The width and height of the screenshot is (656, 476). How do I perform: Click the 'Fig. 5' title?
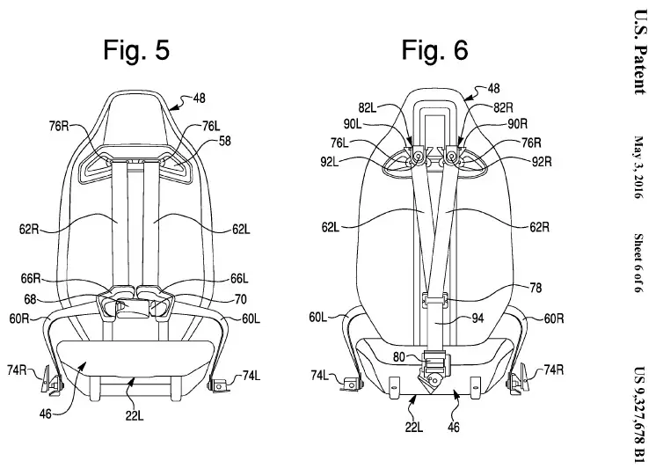(136, 50)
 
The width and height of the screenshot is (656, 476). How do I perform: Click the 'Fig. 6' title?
(434, 50)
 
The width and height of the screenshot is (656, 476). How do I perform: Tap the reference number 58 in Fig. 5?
(225, 141)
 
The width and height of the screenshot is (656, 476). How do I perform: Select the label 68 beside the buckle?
(30, 299)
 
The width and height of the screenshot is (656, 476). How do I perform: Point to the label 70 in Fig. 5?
(241, 299)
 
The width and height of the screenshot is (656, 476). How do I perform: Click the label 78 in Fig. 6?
(536, 288)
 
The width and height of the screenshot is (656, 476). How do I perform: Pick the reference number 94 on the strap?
(477, 319)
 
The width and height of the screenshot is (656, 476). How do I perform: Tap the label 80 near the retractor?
(399, 356)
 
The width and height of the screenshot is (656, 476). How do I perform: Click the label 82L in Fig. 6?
(368, 108)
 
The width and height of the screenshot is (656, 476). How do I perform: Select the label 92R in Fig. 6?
(542, 162)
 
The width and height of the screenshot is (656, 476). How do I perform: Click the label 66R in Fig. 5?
(31, 278)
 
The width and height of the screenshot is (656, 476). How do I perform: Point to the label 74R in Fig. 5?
(17, 370)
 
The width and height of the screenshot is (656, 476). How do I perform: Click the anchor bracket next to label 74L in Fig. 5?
(218, 384)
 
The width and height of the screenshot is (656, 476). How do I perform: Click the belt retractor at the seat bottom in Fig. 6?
(435, 370)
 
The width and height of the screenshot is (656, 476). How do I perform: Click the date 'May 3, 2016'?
(638, 166)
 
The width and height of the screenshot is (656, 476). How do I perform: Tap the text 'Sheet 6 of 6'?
(638, 263)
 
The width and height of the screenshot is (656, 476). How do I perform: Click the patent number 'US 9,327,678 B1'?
(639, 414)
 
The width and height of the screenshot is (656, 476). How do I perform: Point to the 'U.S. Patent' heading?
(639, 52)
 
